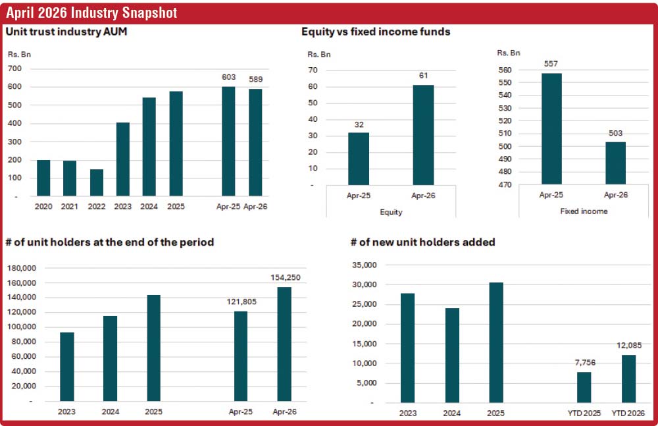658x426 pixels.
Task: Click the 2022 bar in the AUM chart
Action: pos(97,183)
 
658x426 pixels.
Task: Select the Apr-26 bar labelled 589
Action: pos(255,142)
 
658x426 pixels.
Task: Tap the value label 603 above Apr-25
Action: pos(229,77)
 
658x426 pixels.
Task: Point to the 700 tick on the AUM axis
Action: pos(14,68)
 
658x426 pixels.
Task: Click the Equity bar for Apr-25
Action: pos(359,159)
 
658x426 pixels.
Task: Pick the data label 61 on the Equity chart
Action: pos(423,76)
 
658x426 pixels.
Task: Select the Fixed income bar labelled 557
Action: pos(551,129)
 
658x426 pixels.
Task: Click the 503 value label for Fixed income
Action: pos(616,133)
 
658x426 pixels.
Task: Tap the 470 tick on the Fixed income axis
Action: pos(505,184)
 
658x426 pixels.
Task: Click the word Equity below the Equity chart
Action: pos(391,212)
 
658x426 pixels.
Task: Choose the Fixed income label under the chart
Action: pos(584,211)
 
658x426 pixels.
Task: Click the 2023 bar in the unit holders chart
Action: pos(67,367)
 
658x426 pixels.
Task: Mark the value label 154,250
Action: pos(286,277)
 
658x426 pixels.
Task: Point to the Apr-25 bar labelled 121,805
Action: pos(241,356)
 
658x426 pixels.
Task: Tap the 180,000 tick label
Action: pos(22,268)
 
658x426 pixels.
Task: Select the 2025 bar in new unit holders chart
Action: pos(496,343)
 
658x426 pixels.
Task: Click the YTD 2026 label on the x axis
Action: pos(628,413)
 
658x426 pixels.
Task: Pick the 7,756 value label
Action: pos(585,363)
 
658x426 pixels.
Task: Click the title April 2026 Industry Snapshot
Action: pos(91,13)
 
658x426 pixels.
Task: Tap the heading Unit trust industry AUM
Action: pos(66,32)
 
